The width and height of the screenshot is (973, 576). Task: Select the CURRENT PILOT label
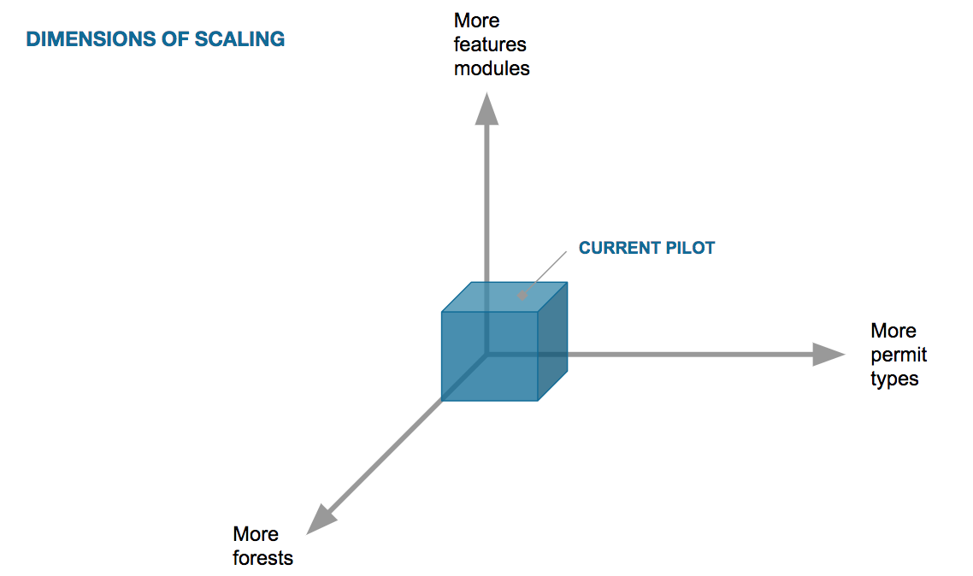point(646,249)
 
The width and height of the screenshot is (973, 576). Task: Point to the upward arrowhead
point(487,109)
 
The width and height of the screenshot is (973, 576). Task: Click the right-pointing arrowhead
point(827,354)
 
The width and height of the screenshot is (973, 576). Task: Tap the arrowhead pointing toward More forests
point(319,518)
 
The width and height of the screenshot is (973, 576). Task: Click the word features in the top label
point(490,44)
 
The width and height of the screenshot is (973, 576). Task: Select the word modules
point(492,68)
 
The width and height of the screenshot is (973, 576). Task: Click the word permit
point(899,355)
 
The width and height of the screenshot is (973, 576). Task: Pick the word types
point(894,379)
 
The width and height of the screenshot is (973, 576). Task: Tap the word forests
point(262,558)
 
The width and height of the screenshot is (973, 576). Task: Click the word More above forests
point(256,534)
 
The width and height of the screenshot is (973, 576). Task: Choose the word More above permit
point(893,331)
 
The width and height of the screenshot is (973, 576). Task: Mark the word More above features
point(477,21)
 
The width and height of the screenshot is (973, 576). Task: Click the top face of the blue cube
point(504,297)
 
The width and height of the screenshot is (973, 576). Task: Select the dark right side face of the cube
point(552,342)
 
